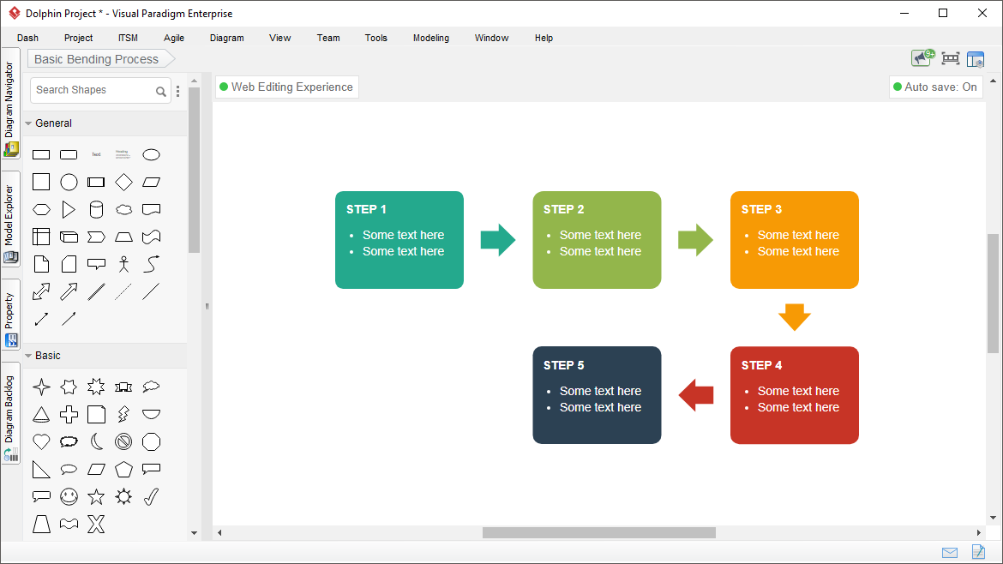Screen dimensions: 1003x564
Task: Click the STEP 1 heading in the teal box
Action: pyautogui.click(x=366, y=209)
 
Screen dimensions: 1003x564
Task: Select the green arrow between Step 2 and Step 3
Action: pyautogui.click(x=695, y=240)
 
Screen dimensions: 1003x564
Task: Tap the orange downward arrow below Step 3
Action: pyautogui.click(x=795, y=317)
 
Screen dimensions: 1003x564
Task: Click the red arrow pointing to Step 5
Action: pyautogui.click(x=696, y=395)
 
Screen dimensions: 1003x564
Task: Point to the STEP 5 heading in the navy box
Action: pyautogui.click(x=563, y=365)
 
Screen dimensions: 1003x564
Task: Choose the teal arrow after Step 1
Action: pyautogui.click(x=498, y=240)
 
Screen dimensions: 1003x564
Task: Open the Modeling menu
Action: pyautogui.click(x=431, y=38)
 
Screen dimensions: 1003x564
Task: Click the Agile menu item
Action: pyautogui.click(x=174, y=38)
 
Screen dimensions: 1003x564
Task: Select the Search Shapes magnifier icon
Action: pyautogui.click(x=161, y=92)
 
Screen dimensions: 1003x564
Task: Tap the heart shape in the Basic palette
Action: pyautogui.click(x=41, y=441)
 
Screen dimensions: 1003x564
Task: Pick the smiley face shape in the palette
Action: pyautogui.click(x=69, y=496)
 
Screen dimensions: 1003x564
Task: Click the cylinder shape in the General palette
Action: pyautogui.click(x=96, y=210)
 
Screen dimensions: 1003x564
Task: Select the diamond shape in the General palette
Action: pyautogui.click(x=123, y=183)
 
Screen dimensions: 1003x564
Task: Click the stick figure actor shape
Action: pyautogui.click(x=123, y=264)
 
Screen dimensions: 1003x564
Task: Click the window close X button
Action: pyautogui.click(x=982, y=13)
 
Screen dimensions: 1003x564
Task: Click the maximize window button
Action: pyautogui.click(x=943, y=13)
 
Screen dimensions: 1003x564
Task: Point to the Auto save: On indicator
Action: pyautogui.click(x=935, y=87)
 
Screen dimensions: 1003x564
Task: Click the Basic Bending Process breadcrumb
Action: pyautogui.click(x=97, y=59)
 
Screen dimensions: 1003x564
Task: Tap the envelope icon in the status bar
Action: pyautogui.click(x=950, y=553)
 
